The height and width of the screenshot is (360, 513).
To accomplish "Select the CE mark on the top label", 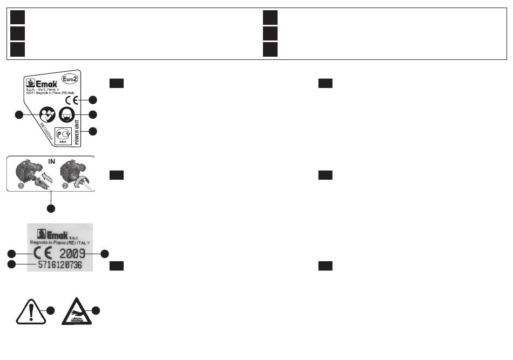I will tap(72, 100).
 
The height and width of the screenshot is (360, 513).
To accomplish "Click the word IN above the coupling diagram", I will tap(52, 161).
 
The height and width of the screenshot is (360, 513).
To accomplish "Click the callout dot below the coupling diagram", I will tap(51, 207).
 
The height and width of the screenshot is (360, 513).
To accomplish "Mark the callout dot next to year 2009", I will tap(104, 253).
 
